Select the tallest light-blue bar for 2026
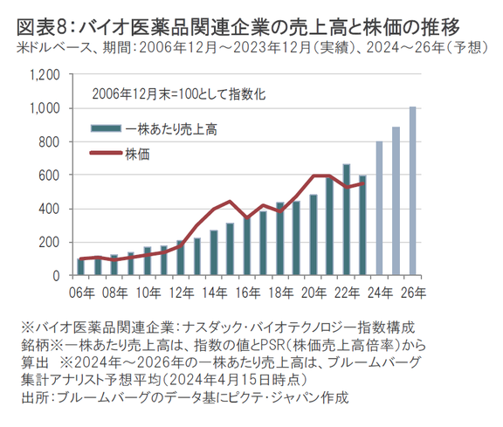(412, 190)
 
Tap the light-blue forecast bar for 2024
(379, 208)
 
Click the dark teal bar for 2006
(81, 266)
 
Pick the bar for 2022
(347, 220)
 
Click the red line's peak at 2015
(230, 202)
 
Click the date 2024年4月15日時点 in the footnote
(236, 380)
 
